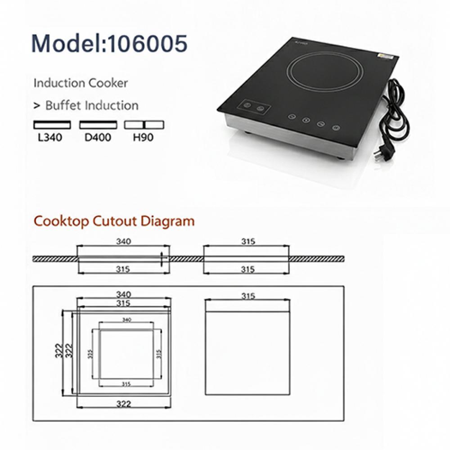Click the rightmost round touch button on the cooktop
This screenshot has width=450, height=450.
click(x=335, y=128)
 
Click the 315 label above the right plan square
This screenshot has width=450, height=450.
click(x=248, y=296)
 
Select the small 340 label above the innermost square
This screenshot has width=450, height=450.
click(x=126, y=320)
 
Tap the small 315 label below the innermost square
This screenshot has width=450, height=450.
click(x=126, y=384)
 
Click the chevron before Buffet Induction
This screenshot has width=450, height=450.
click(x=36, y=106)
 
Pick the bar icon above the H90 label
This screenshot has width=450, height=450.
click(x=144, y=125)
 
